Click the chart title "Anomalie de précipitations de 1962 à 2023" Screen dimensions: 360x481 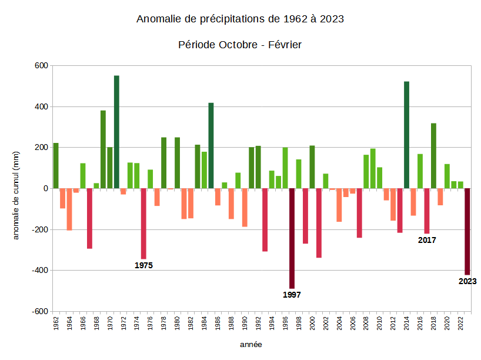coord(240,19)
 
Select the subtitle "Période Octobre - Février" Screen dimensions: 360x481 coord(240,45)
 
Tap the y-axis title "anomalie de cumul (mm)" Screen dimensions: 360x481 coord(16,194)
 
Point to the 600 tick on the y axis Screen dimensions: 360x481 coord(40,66)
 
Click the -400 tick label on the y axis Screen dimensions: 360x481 coord(39,271)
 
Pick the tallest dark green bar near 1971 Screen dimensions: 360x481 coord(116,132)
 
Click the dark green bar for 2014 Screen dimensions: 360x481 coord(406,135)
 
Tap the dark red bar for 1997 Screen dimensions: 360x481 coord(292,238)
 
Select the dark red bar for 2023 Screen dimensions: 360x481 coord(467,231)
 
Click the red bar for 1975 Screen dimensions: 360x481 coord(143,224)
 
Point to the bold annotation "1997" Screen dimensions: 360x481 coord(292,295)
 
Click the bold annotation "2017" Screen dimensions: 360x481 coord(427,240)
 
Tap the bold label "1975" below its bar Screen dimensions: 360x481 coord(143,265)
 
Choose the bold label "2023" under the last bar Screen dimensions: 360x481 coord(467,281)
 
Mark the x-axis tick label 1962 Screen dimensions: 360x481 coord(56,324)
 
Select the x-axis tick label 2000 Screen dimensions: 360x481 coord(312,324)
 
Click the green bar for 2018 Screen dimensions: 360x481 coord(433,156)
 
